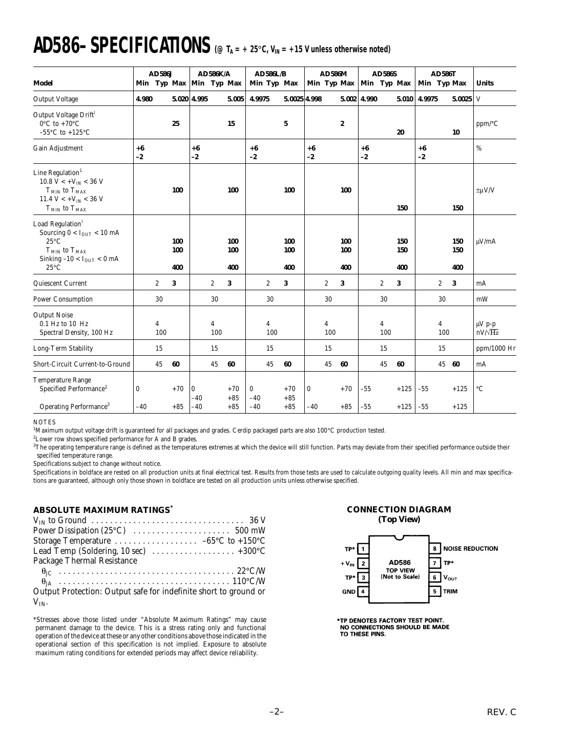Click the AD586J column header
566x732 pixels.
(160, 74)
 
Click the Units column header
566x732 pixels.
(485, 83)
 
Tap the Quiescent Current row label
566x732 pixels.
(60, 283)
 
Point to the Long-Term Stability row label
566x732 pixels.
(63, 348)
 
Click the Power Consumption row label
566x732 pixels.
(63, 299)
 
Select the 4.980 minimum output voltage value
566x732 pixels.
(144, 99)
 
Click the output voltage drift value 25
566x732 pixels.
(176, 123)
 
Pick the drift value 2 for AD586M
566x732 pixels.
(342, 123)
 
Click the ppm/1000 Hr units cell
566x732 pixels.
(495, 348)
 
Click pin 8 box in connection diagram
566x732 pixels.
(435, 549)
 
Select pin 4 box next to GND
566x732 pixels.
(363, 592)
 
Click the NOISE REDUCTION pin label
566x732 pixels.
(471, 549)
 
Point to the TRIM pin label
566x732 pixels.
(451, 592)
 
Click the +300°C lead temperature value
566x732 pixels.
(251, 550)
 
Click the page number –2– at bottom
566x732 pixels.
(277, 712)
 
